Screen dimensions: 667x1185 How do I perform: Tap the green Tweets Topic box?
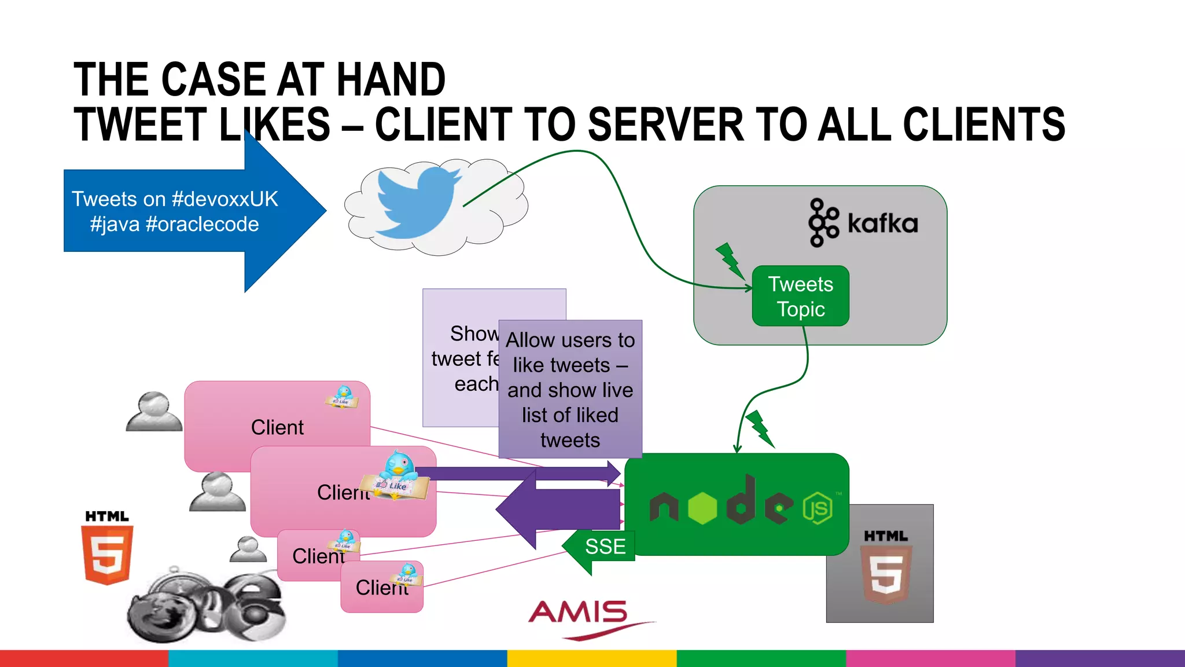(x=800, y=296)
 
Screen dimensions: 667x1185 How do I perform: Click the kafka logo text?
(x=882, y=223)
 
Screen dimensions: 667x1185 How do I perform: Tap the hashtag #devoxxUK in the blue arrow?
(x=225, y=199)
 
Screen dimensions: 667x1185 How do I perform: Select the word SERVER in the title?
(x=665, y=124)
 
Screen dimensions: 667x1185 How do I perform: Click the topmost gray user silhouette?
(x=153, y=412)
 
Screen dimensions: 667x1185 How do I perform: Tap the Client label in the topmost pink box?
(x=277, y=427)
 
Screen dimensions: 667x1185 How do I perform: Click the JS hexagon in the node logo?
(x=818, y=508)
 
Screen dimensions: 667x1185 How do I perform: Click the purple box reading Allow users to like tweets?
(x=570, y=389)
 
